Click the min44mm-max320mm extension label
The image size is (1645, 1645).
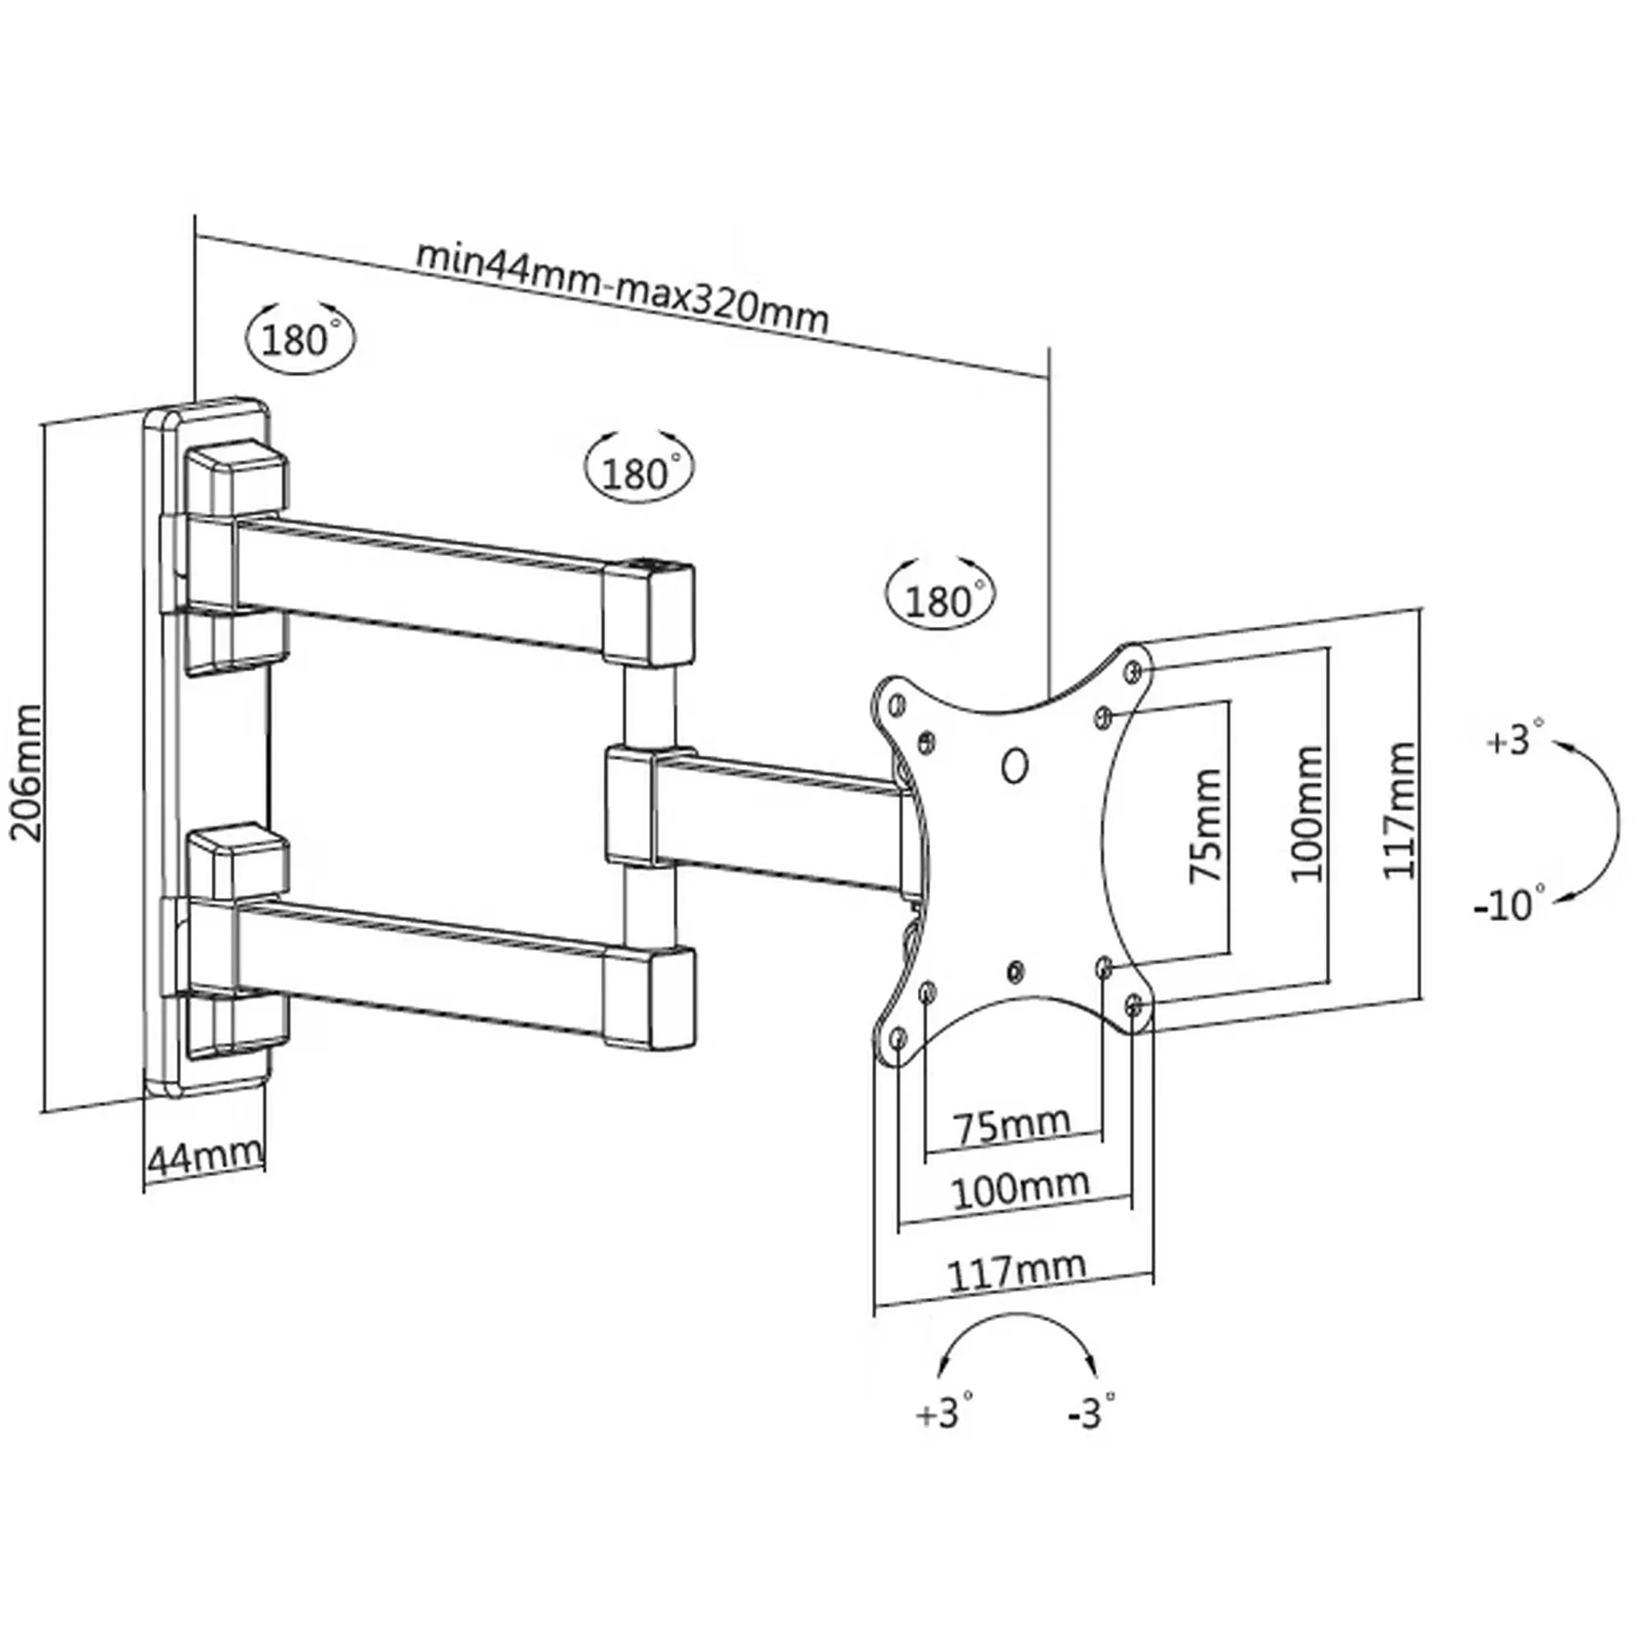pos(621,290)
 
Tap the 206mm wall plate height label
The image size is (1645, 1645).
pos(27,772)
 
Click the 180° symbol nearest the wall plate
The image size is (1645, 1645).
pos(298,340)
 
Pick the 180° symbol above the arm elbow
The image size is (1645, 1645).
pos(639,470)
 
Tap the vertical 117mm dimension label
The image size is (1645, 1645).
pos(1399,811)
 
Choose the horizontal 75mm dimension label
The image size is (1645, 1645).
pos(1011,1127)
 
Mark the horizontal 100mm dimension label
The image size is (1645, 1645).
pos(1019,1189)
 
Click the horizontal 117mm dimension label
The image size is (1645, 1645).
pos(1017,1272)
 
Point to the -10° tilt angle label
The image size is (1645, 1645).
pos(1509,905)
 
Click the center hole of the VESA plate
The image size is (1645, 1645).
pos(1014,766)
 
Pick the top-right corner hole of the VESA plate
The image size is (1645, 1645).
pos(1133,672)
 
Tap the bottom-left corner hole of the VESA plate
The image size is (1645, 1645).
pos(897,1039)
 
